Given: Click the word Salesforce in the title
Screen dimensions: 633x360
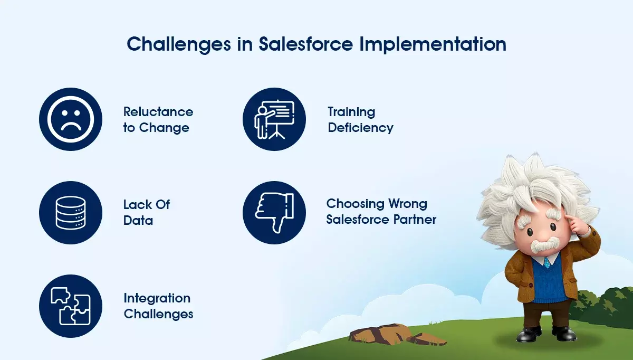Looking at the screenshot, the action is pyautogui.click(x=306, y=44).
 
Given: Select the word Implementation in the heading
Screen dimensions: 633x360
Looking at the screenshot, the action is pyautogui.click(x=433, y=45).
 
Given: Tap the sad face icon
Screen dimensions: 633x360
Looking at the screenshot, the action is pyautogui.click(x=71, y=119).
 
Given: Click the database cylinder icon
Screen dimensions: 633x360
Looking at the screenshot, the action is pyautogui.click(x=71, y=213).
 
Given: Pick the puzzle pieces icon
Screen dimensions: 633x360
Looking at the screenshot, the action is pyautogui.click(x=71, y=306).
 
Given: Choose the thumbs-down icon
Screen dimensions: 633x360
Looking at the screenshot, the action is pyautogui.click(x=274, y=213).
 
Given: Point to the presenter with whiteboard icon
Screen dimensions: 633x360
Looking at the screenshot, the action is pyautogui.click(x=274, y=119).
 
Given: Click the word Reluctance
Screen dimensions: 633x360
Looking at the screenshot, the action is pyautogui.click(x=158, y=112).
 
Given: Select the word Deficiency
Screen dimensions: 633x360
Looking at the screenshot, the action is pyautogui.click(x=361, y=128).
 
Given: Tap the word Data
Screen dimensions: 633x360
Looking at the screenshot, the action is pyautogui.click(x=138, y=221).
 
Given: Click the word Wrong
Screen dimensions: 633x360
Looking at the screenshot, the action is pyautogui.click(x=407, y=204).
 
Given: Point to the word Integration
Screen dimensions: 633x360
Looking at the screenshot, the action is pyautogui.click(x=157, y=299).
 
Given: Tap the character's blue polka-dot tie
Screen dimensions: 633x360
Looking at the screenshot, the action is pyautogui.click(x=547, y=262).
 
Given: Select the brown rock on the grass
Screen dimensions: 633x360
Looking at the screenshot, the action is pyautogui.click(x=396, y=335).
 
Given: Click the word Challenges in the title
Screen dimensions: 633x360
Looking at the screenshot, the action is pyautogui.click(x=179, y=45).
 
